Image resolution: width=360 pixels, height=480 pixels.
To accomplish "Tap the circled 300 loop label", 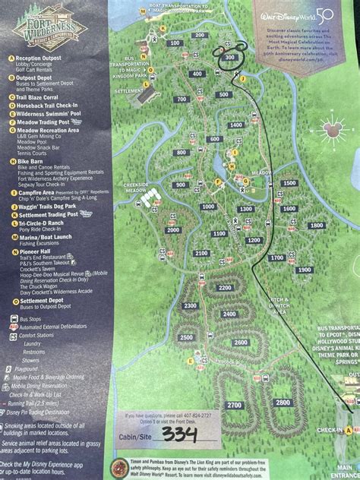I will point(231,57).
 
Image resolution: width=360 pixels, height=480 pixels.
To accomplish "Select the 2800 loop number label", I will point(283,402).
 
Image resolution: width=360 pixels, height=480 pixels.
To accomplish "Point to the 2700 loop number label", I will point(233,405).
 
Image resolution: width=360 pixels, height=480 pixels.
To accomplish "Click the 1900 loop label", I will point(305,270).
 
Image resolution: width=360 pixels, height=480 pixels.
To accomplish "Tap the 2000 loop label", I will point(172,230).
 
